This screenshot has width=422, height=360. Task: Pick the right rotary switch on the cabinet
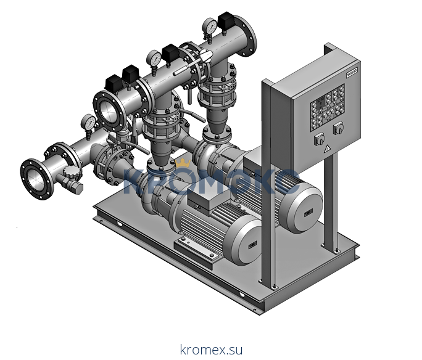337,129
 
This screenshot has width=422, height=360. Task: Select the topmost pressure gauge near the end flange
210,26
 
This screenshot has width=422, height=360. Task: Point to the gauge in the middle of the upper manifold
153,59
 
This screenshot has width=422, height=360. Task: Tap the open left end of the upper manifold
109,109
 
